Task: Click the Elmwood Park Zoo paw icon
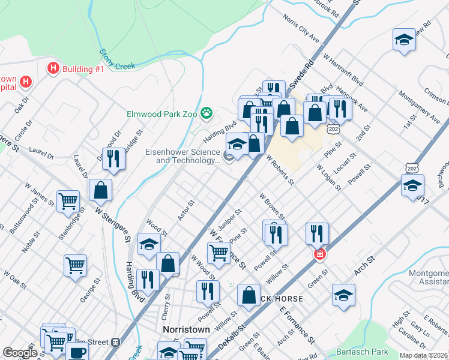(207, 112)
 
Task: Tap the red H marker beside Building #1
(53, 68)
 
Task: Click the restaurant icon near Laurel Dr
(113, 158)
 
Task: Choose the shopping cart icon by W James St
(68, 202)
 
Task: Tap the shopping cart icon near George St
(75, 265)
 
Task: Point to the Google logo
(20, 353)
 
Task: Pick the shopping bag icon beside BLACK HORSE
(249, 295)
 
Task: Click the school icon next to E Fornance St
(343, 295)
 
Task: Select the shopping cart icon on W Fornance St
(218, 253)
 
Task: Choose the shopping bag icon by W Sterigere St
(101, 190)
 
